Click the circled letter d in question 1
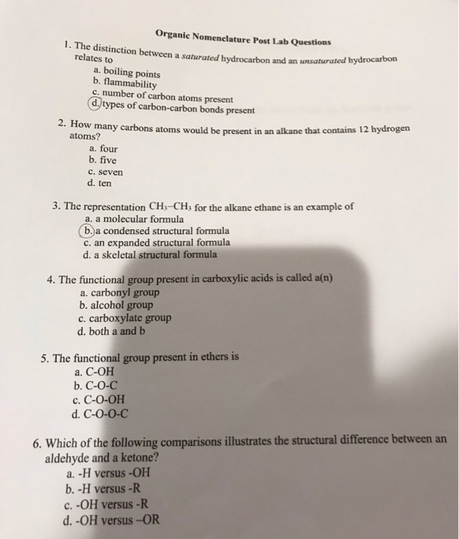pyautogui.click(x=95, y=102)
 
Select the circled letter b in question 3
pyautogui.click(x=89, y=229)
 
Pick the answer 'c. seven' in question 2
pyautogui.click(x=106, y=172)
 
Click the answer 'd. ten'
pyautogui.click(x=102, y=184)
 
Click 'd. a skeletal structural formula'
pyautogui.click(x=150, y=253)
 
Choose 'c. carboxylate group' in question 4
pyautogui.click(x=125, y=318)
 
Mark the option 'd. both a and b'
pyautogui.click(x=112, y=332)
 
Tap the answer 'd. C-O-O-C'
pyautogui.click(x=101, y=412)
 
